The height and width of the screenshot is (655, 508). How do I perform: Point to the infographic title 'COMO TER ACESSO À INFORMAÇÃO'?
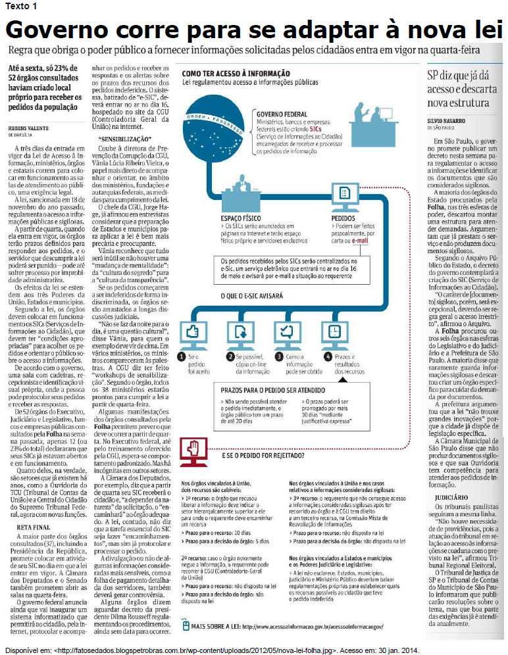pos(235,73)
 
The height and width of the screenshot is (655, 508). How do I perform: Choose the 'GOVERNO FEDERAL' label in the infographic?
pos(282,114)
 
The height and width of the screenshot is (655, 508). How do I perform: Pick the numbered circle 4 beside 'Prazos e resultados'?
pos(327,356)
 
